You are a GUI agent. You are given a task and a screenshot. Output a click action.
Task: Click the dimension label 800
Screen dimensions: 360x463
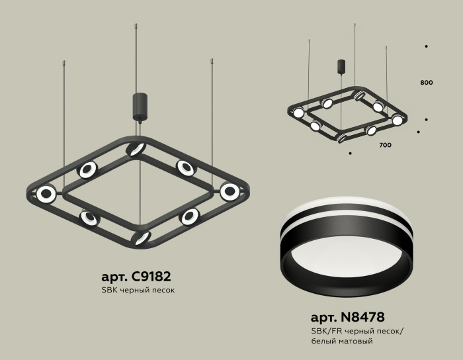coord(426,83)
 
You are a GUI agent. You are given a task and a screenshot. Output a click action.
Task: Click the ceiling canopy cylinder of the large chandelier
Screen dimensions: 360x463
coord(140,106)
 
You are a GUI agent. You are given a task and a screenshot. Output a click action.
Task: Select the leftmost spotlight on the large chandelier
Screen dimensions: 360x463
coord(46,194)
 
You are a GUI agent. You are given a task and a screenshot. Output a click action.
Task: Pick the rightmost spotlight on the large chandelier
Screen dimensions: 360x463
coord(230,192)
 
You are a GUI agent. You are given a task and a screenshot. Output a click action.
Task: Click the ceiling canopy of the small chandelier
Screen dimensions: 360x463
coord(341,66)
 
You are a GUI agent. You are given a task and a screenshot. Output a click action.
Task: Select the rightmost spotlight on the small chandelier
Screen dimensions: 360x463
coord(397,120)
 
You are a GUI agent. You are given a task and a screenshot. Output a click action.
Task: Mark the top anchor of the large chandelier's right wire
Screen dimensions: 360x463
coord(212,61)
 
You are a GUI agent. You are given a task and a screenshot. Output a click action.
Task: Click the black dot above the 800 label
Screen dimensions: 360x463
coord(426,46)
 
